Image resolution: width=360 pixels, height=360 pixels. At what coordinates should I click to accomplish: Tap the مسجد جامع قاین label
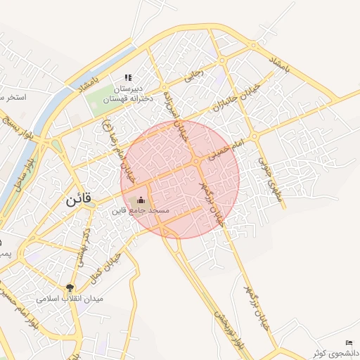(139, 210)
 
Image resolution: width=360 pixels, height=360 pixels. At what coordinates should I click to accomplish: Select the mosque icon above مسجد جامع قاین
(139, 200)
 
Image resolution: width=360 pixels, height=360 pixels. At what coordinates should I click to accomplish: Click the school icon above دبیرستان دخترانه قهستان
(127, 78)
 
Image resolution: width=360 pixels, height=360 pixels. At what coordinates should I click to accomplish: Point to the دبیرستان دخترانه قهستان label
(129, 94)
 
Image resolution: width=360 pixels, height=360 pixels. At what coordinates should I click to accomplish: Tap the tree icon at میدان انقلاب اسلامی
(70, 287)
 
